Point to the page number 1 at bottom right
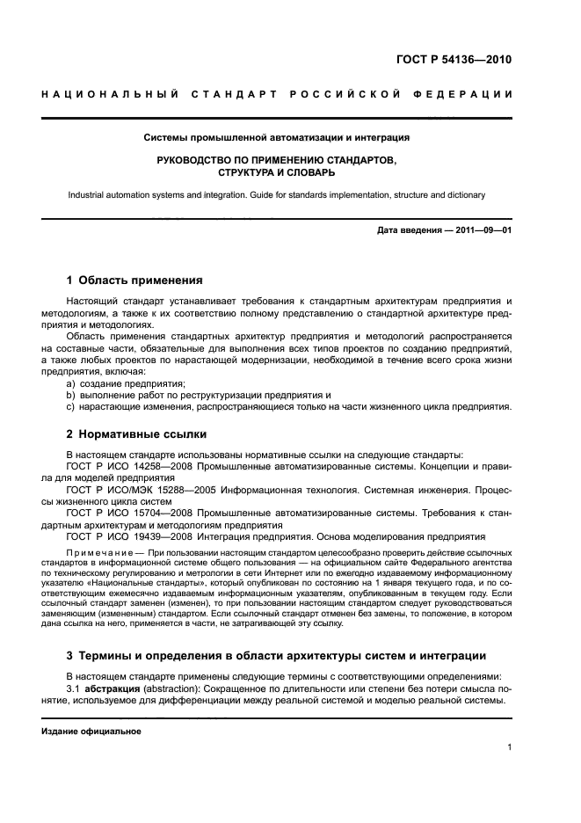tap(509, 748)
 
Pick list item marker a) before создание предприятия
tap(72, 383)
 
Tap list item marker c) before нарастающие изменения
tap(72, 406)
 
